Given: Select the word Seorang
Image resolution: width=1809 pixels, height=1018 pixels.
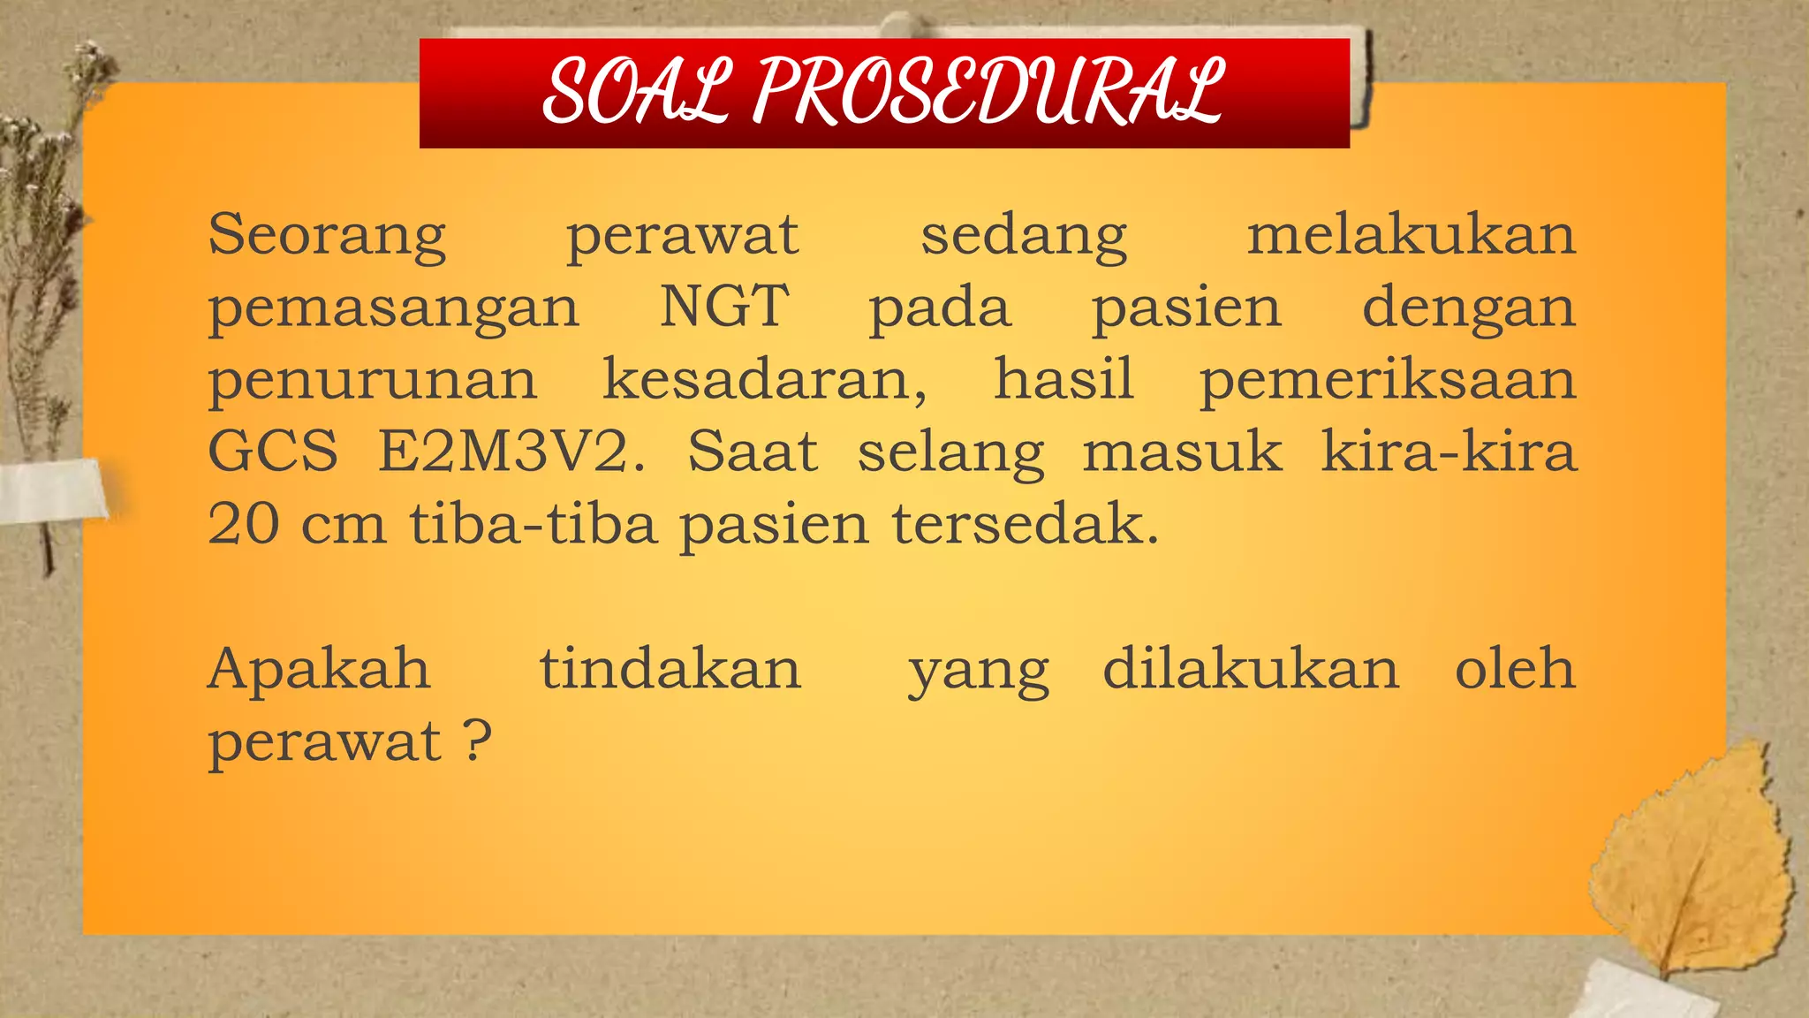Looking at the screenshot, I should click(x=328, y=237).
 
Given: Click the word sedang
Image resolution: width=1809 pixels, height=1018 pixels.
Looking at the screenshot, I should click(x=1024, y=237).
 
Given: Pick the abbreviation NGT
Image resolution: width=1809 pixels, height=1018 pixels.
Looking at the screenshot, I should click(x=724, y=308).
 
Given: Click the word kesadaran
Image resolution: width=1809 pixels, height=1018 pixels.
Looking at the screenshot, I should click(x=764, y=380).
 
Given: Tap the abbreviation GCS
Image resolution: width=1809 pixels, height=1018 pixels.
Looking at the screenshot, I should click(x=273, y=452).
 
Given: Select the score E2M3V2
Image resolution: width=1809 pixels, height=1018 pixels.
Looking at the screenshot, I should click(x=511, y=452).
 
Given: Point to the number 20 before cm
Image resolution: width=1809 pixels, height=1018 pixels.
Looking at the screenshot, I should click(x=243, y=525).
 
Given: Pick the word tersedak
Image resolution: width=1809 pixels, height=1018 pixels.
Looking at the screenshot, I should click(x=1024, y=525).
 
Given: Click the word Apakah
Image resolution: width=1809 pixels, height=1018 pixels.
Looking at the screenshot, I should click(x=319, y=670).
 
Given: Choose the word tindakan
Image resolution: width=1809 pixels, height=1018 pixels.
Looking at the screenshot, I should click(x=670, y=670).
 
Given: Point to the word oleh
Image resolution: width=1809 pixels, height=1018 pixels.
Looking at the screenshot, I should click(x=1515, y=670).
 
